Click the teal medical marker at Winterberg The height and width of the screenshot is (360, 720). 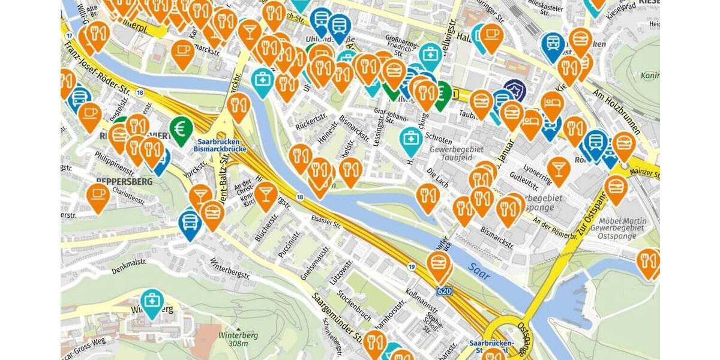[x=152, y=302]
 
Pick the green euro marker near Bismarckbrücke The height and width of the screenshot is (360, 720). [x=181, y=128]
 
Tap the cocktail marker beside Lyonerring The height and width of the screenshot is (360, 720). [x=558, y=169]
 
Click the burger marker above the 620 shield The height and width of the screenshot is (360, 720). [x=439, y=265]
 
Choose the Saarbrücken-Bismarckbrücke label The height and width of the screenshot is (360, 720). [x=220, y=145]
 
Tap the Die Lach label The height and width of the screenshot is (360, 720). [x=437, y=174]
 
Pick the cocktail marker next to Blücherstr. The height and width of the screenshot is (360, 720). [x=266, y=194]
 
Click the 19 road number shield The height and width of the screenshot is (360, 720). [x=411, y=266]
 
